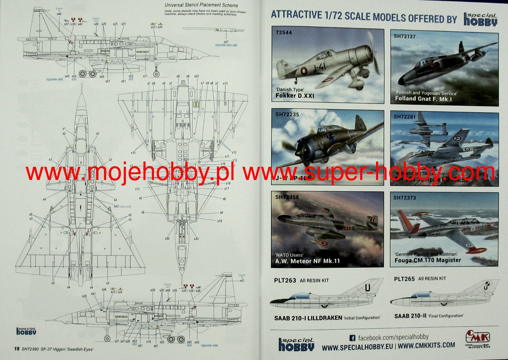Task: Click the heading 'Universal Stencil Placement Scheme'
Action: (x=201, y=5)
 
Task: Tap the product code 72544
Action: (x=284, y=33)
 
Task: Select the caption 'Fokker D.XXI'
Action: (x=294, y=96)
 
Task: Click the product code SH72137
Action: (x=404, y=36)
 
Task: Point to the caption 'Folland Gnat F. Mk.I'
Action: (x=423, y=99)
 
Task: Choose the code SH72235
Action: (x=287, y=115)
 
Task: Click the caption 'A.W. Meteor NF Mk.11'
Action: (x=307, y=261)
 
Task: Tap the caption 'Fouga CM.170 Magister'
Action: (x=428, y=260)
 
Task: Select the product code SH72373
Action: (x=404, y=198)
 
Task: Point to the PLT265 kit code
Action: (x=404, y=279)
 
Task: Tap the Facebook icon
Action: (x=352, y=338)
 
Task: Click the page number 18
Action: (x=17, y=349)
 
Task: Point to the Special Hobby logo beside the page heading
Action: (x=480, y=20)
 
